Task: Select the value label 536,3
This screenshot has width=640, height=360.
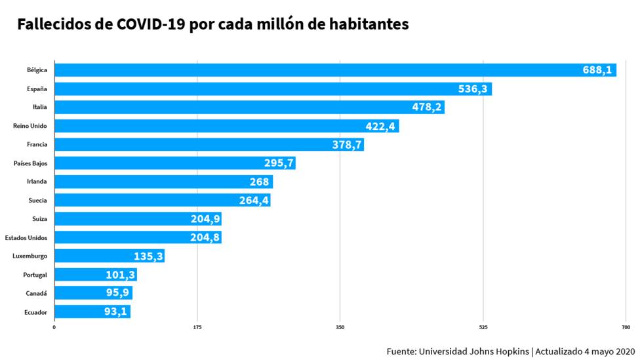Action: pos(472,89)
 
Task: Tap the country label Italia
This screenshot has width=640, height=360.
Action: pos(39,107)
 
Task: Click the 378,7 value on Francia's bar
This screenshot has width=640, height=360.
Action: pos(347,145)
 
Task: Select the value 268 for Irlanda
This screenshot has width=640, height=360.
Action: pos(260,182)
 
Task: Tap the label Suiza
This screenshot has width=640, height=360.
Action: pos(39,218)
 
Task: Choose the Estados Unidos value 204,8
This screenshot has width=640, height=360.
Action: pos(205,237)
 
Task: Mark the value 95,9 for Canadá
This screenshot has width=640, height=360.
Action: pos(116,293)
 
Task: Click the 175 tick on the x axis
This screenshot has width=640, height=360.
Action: pos(197,327)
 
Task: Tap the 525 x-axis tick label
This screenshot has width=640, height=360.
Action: pos(483,327)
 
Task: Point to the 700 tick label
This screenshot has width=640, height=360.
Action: pos(626,327)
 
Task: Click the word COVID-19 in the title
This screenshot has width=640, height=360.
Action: pos(153,25)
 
